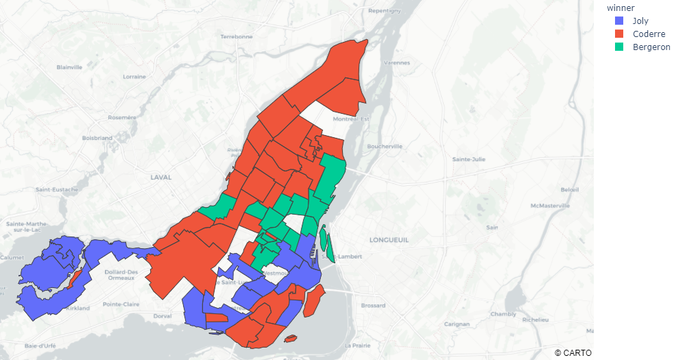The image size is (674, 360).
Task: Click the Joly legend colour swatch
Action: (x=620, y=21)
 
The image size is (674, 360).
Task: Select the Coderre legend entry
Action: (x=649, y=34)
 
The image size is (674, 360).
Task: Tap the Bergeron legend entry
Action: (x=651, y=47)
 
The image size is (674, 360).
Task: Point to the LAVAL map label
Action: (x=160, y=177)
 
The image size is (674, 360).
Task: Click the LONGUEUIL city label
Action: (x=389, y=240)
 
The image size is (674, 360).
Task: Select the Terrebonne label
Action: (x=237, y=36)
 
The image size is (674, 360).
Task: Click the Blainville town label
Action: (x=69, y=67)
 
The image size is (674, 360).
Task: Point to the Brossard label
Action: (x=374, y=306)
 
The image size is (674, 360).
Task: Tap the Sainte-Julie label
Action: (x=469, y=159)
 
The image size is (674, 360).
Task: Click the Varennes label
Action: (x=397, y=62)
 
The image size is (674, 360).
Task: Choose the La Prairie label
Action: (x=359, y=345)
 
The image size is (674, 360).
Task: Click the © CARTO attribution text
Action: (x=573, y=352)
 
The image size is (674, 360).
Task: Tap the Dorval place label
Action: (x=163, y=316)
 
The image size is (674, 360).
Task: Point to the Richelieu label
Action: (x=534, y=320)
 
